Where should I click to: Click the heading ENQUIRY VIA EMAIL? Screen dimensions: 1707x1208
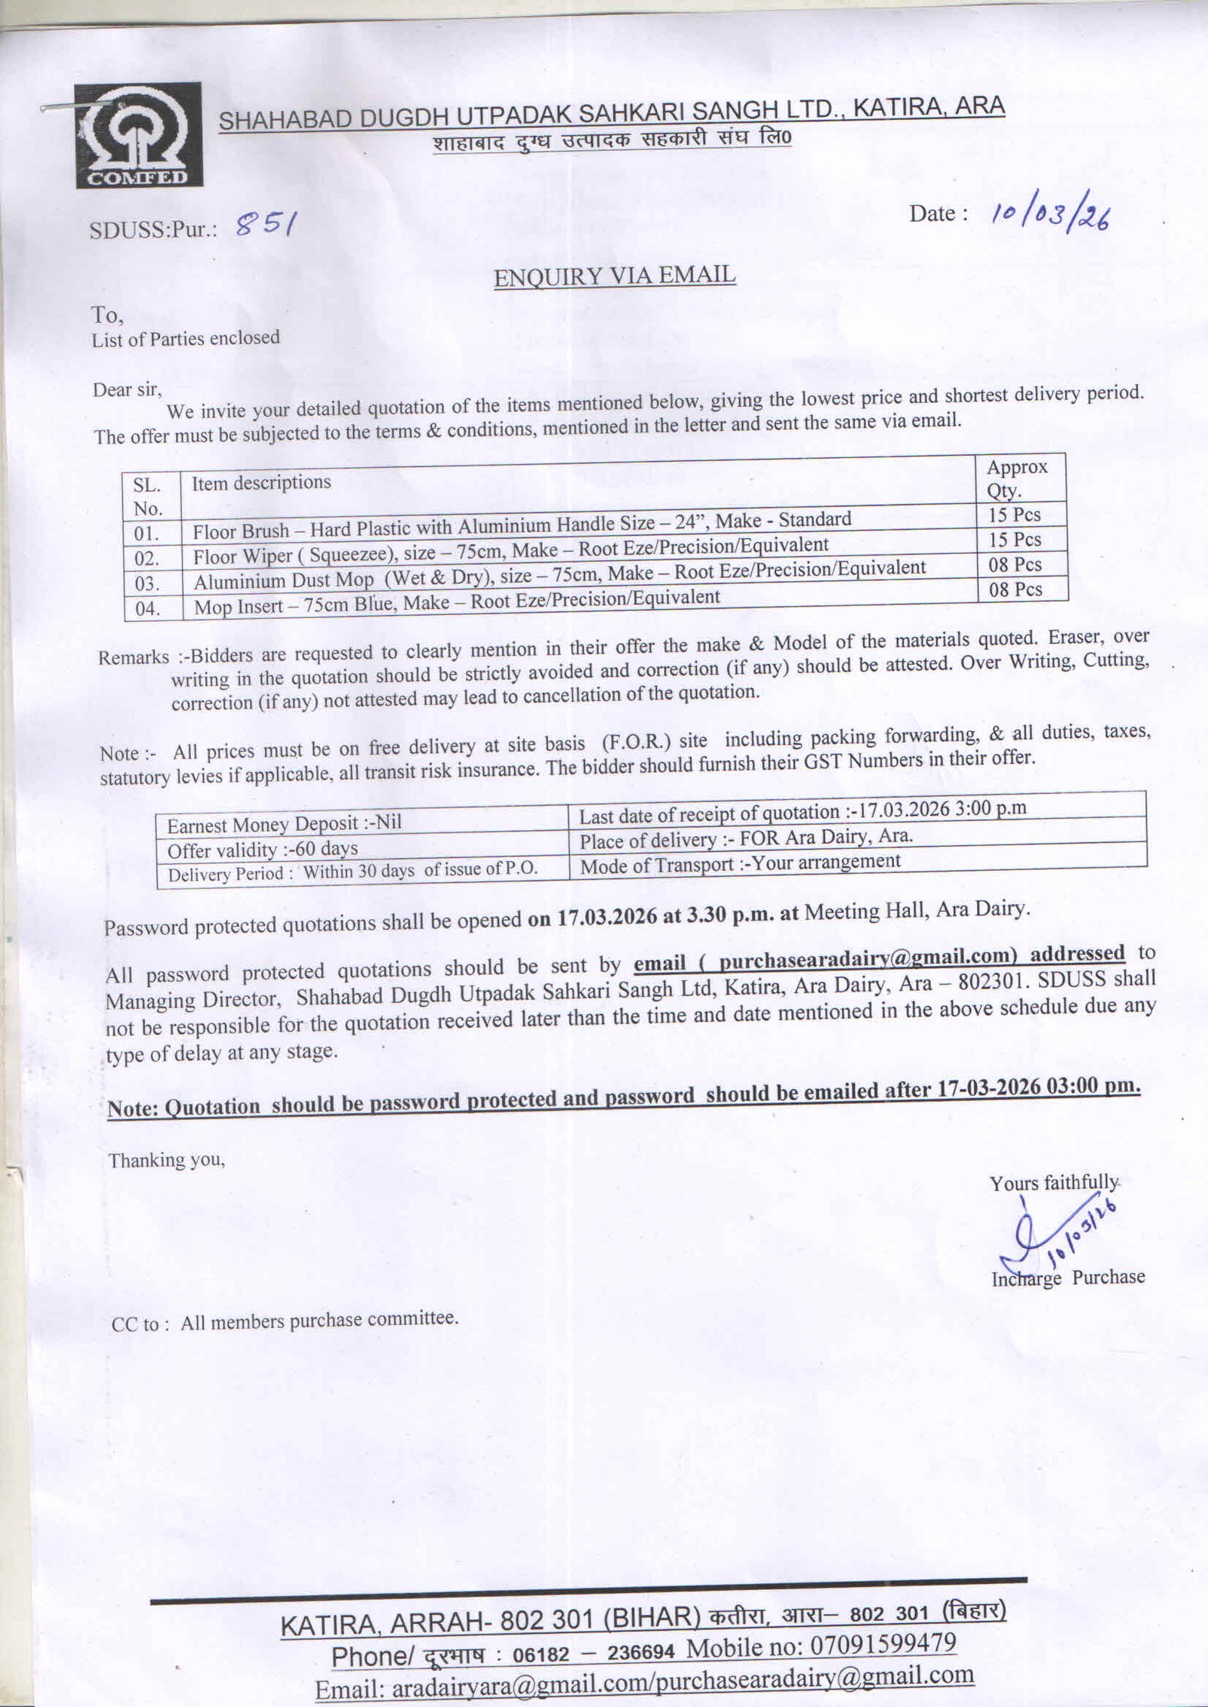click(x=615, y=276)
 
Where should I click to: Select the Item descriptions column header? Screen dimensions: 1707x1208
click(x=261, y=482)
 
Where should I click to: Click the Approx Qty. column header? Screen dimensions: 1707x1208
click(x=1016, y=478)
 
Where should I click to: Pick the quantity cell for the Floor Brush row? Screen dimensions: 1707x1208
click(x=1015, y=515)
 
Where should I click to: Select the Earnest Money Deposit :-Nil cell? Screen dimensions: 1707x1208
click(x=284, y=823)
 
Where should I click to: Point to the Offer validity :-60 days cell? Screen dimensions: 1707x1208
click(x=262, y=849)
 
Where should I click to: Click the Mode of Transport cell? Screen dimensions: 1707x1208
click(x=740, y=863)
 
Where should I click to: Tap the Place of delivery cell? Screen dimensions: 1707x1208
click(x=746, y=838)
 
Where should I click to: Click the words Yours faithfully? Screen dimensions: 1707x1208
click(x=1054, y=1183)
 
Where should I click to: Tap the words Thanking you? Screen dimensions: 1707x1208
click(x=167, y=1159)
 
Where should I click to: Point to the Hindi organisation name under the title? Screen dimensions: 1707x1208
click(x=612, y=140)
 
